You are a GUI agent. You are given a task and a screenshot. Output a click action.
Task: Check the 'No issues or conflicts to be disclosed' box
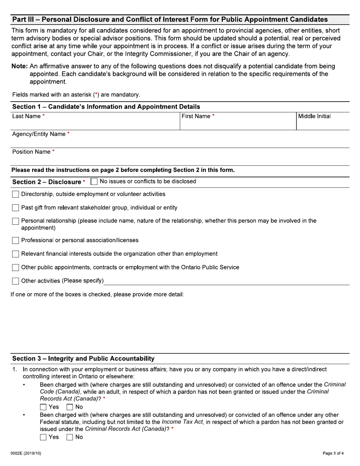click(x=94, y=182)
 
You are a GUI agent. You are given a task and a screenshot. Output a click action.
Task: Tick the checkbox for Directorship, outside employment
click(x=16, y=194)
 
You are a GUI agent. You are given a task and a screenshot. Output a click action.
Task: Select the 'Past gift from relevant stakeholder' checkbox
click(x=16, y=208)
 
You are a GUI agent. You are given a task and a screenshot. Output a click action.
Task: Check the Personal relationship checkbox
click(x=16, y=221)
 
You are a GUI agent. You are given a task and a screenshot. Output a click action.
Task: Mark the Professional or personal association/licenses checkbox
click(x=16, y=241)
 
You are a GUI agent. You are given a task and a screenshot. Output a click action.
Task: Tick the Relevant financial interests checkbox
click(x=16, y=254)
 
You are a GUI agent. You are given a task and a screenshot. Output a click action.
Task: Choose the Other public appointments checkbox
click(x=16, y=268)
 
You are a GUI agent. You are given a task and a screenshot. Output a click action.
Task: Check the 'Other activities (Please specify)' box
click(x=16, y=281)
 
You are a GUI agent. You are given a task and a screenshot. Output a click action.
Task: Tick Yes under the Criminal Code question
click(x=43, y=407)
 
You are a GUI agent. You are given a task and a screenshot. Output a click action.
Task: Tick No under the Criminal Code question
click(x=70, y=407)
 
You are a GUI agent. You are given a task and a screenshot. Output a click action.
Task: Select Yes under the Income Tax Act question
click(x=43, y=437)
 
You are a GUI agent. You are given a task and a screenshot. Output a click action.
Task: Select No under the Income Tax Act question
click(x=70, y=437)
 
